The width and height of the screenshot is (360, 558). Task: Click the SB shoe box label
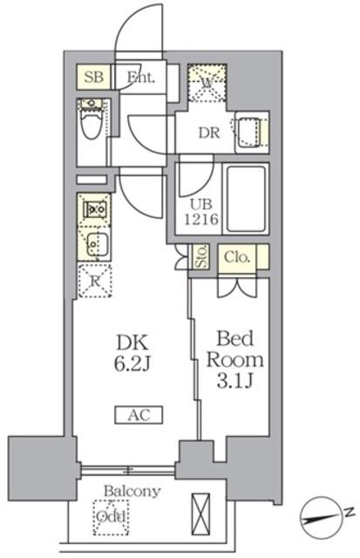[95, 78]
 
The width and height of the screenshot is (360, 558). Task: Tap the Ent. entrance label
[140, 78]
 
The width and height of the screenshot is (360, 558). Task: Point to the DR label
[208, 133]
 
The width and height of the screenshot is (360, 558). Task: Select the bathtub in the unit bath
[245, 198]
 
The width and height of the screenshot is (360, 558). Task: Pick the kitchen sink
[94, 243]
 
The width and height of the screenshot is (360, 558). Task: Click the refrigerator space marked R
[93, 281]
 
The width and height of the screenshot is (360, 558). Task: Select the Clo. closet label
[237, 257]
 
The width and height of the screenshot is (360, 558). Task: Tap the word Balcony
[132, 491]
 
